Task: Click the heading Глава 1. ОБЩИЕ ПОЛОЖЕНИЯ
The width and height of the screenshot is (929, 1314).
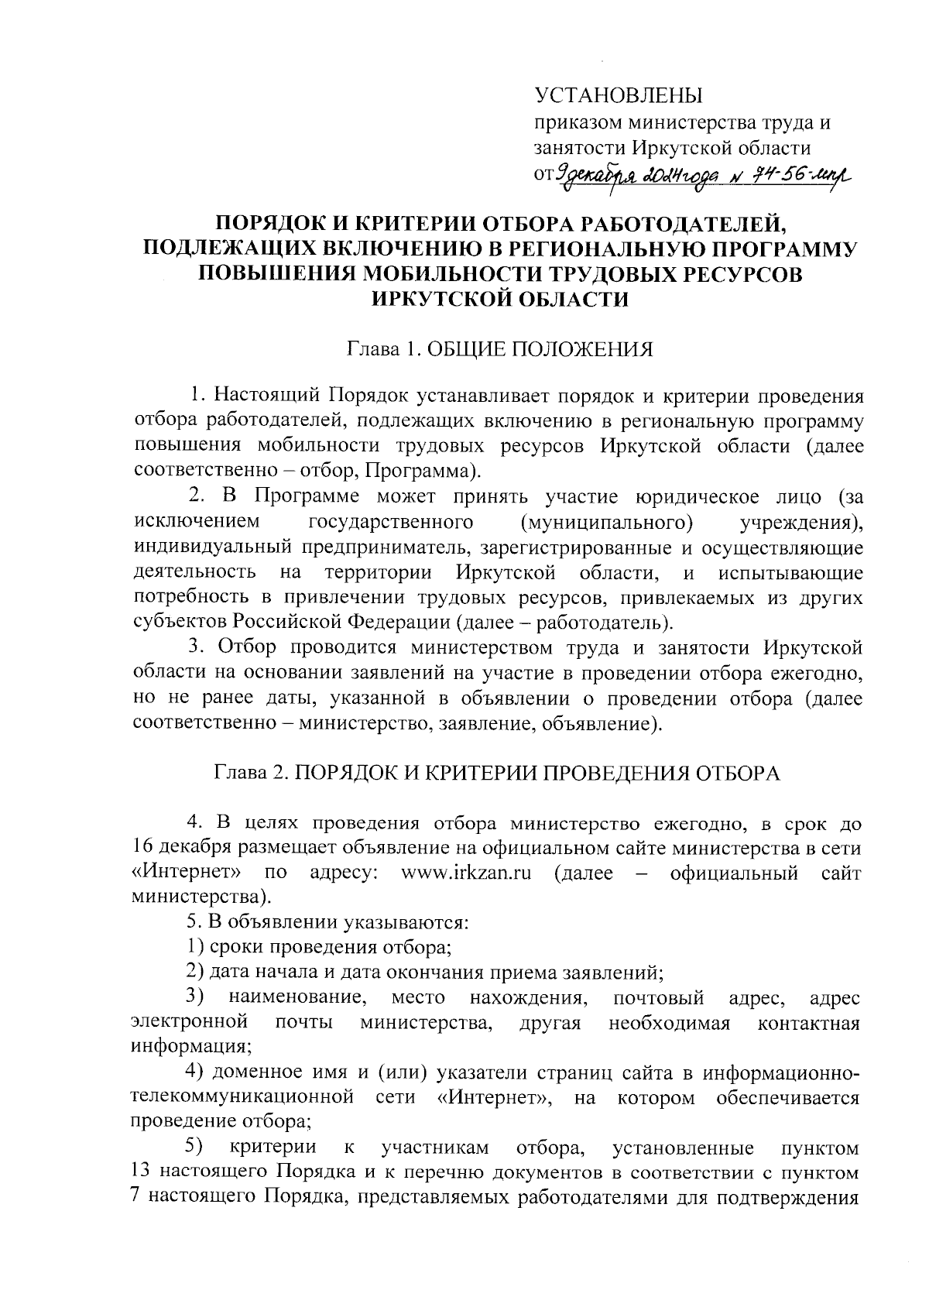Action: pyautogui.click(x=499, y=349)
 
